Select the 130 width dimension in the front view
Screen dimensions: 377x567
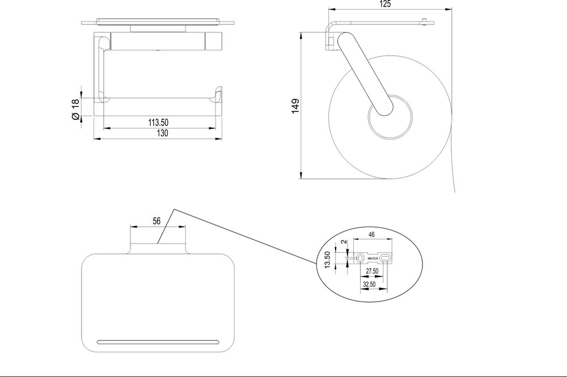[x=162, y=133]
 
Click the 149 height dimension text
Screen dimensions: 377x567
[x=295, y=107]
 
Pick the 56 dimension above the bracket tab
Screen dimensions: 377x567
[x=157, y=221]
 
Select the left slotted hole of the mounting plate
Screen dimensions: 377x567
[x=360, y=259]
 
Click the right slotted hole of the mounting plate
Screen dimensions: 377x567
[x=386, y=259]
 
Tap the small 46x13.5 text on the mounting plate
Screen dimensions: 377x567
[x=373, y=258]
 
